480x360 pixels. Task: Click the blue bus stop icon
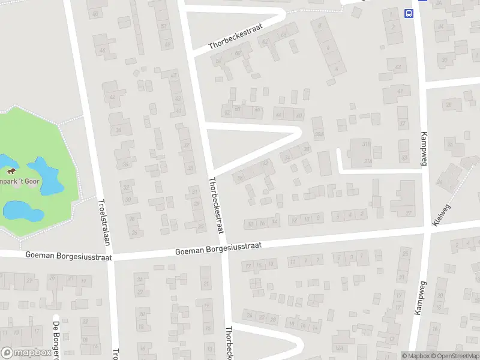pos(409,13)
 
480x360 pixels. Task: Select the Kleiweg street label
pos(441,214)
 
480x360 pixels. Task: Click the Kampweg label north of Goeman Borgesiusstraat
pos(424,147)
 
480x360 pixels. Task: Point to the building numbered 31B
pos(367,143)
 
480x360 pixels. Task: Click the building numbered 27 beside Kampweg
pos(409,212)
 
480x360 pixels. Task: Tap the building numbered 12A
pos(340,348)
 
